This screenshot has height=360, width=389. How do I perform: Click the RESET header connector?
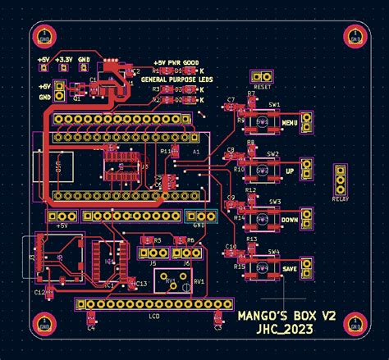(x=263, y=76)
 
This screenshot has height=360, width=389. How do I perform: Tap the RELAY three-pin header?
(x=340, y=180)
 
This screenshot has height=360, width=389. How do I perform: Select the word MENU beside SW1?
(x=289, y=123)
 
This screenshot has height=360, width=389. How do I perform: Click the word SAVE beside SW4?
(x=289, y=268)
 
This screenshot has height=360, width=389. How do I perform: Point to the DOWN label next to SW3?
(x=289, y=220)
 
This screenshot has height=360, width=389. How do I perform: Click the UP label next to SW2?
(x=289, y=171)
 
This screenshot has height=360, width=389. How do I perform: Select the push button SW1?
(x=263, y=122)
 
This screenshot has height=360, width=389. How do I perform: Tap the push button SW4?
(x=263, y=267)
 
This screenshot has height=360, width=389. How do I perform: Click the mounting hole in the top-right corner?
(x=355, y=35)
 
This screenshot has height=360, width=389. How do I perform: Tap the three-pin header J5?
(x=152, y=253)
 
